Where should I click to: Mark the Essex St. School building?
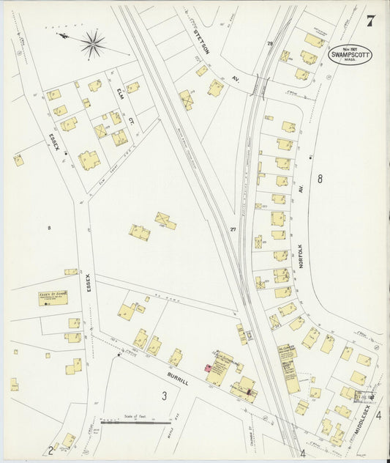[53, 298]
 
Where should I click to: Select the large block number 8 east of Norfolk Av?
[320, 178]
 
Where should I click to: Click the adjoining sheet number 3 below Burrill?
[165, 396]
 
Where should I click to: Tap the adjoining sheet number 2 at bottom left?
[50, 450]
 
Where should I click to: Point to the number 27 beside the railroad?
[233, 231]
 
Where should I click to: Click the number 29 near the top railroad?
[269, 45]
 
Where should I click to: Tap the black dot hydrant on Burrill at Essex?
[119, 355]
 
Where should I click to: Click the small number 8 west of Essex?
[50, 229]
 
